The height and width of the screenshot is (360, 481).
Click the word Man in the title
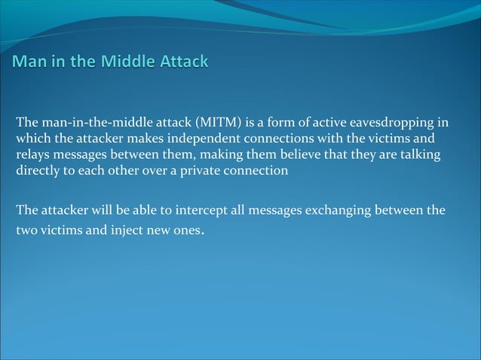pyautogui.click(x=28, y=61)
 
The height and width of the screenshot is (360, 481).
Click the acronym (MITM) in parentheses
pyautogui.click(x=218, y=123)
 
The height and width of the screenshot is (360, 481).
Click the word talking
pyautogui.click(x=419, y=154)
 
